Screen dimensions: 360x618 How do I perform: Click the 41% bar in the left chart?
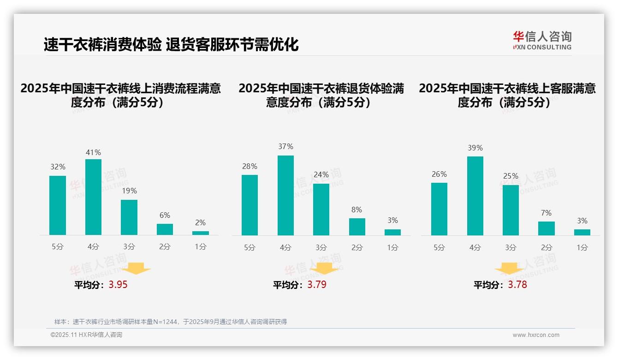tap(93, 197)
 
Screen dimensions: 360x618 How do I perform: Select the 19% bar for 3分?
tap(129, 217)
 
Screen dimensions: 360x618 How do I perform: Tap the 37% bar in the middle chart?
tap(285, 195)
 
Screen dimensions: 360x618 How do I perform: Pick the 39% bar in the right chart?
tap(475, 196)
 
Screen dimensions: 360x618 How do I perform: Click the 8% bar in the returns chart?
tap(357, 227)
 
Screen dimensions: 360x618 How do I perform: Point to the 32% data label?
tap(58, 167)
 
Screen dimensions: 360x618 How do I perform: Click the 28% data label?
tap(250, 166)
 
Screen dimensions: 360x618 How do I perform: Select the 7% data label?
tap(546, 213)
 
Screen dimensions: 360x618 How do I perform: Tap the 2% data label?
tap(200, 222)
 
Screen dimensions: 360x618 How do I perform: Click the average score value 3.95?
tap(118, 285)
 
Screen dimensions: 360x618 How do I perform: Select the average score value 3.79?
tap(317, 285)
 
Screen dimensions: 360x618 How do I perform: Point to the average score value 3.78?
tap(517, 285)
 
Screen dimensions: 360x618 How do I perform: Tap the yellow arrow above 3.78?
tap(509, 269)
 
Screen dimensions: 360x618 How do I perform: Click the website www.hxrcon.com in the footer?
tap(536, 335)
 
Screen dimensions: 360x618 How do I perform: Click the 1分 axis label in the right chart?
tap(582, 247)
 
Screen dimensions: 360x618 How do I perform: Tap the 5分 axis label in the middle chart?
tap(250, 247)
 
